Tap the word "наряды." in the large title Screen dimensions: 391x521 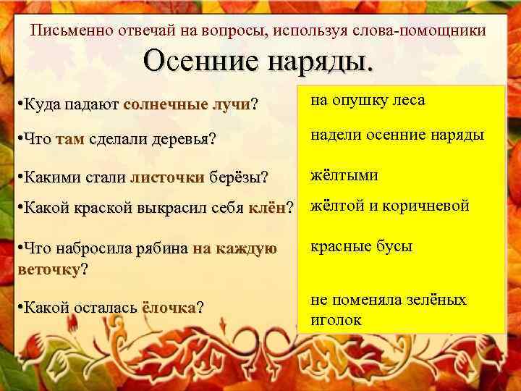[x=321, y=63]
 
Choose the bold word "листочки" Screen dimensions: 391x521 [x=166, y=177]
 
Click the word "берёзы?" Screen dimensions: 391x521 [x=238, y=177]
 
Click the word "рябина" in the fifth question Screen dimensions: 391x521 [x=162, y=248]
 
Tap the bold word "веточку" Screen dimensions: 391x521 [x=48, y=269]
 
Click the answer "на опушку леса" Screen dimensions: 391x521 [x=368, y=101]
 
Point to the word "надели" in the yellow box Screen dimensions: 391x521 [x=335, y=135]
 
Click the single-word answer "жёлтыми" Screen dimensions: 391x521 [x=344, y=175]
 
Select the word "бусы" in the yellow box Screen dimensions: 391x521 [x=393, y=246]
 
